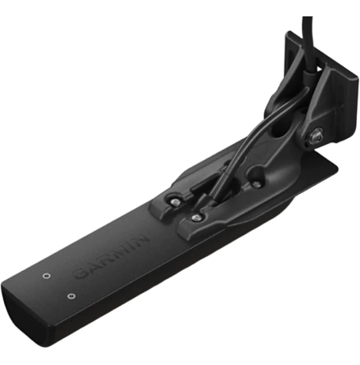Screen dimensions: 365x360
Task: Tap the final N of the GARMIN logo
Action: (142, 238)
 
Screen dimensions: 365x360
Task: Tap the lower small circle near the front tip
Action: (71, 295)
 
